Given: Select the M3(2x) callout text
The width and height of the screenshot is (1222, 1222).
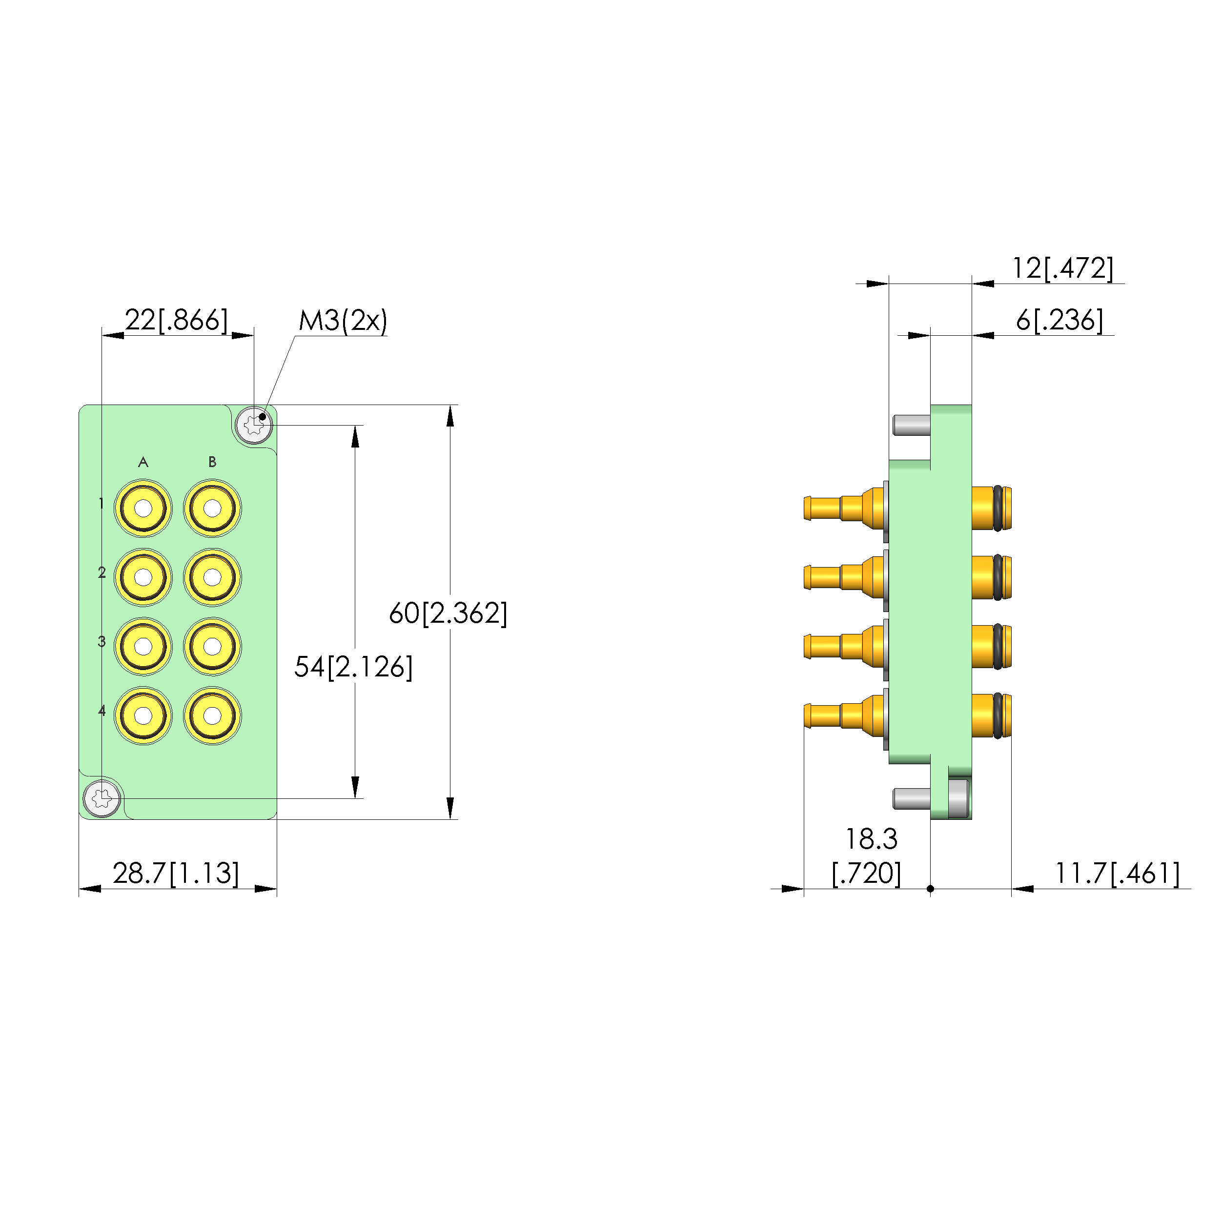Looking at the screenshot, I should (342, 321).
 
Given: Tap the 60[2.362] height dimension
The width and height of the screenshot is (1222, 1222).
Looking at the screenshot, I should (448, 613).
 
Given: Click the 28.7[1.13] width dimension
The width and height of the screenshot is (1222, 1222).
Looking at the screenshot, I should (176, 873).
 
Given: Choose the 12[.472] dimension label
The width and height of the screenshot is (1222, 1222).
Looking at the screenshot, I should (1062, 268).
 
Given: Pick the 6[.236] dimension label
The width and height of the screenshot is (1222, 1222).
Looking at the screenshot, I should (1059, 320).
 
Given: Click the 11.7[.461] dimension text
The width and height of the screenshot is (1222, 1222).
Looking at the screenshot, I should (1117, 873).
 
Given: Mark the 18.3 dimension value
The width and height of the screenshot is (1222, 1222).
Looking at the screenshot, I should (871, 839).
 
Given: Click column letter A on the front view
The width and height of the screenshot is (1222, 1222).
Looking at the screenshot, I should (143, 462).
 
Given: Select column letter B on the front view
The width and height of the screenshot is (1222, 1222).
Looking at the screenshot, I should (212, 462).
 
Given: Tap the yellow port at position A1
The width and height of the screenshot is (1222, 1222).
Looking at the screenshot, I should (143, 508).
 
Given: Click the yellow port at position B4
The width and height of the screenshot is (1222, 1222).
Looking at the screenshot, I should (212, 715).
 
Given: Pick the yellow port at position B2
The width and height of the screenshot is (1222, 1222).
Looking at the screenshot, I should (212, 577).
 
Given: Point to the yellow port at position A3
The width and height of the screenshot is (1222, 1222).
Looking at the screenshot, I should (143, 647).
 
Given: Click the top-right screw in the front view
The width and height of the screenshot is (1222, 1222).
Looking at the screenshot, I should (254, 425).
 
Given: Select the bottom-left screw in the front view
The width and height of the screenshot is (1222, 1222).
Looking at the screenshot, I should (102, 798).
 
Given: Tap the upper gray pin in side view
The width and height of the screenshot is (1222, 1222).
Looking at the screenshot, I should (911, 425).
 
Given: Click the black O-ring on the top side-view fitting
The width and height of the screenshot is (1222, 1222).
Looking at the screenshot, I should (998, 508).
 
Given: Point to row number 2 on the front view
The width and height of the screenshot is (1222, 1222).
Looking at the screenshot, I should (102, 572).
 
